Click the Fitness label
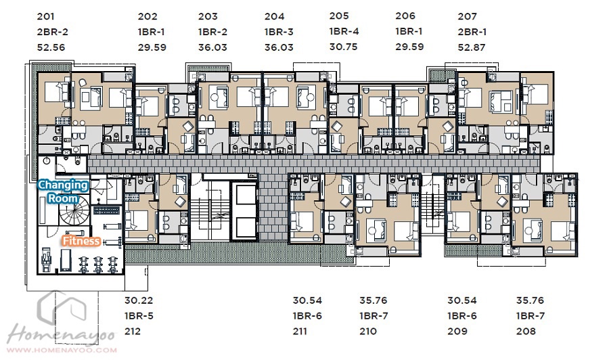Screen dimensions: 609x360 click(81, 241)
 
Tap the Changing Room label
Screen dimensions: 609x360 click(62, 192)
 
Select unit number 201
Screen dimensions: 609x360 click(46, 16)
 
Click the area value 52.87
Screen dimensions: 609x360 click(472, 47)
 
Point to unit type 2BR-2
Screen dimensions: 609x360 click(52, 32)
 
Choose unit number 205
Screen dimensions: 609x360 click(339, 16)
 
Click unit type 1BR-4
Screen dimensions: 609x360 click(344, 31)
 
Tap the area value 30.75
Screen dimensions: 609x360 click(343, 47)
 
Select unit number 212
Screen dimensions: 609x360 click(133, 332)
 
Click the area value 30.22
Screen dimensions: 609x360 click(139, 300)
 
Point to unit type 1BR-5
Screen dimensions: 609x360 click(139, 316)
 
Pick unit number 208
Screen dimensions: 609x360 click(526, 332)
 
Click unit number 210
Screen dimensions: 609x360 click(368, 332)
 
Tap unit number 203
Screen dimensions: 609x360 click(208, 16)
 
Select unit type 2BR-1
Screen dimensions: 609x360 click(472, 32)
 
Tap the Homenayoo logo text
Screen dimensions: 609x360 click(62, 335)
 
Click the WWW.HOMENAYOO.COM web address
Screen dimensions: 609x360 click(62, 350)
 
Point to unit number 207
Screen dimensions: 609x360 click(467, 16)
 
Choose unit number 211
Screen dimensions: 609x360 click(300, 332)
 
